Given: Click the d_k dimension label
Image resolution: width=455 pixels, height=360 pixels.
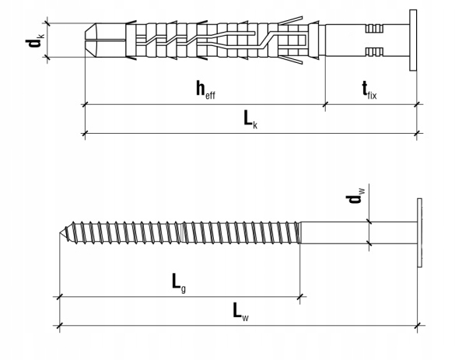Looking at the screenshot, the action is (x=35, y=40).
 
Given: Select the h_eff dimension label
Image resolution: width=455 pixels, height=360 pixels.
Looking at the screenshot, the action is (x=206, y=89).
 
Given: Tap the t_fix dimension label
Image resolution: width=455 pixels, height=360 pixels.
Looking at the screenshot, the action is (x=369, y=90).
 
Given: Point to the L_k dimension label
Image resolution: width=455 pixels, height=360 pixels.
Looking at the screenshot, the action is (x=250, y=120).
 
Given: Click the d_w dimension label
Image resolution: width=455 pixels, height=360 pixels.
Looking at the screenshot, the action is (x=355, y=196).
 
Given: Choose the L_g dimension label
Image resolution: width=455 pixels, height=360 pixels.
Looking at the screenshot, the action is (x=179, y=283).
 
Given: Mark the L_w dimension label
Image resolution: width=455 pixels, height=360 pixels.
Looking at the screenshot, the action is (x=241, y=312).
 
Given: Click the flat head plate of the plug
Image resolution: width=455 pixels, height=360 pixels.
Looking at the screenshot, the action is (x=413, y=40).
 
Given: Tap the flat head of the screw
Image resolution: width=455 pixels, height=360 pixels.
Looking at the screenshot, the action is (x=419, y=232).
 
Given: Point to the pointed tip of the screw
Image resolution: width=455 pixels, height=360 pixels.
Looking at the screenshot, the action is (x=60, y=232).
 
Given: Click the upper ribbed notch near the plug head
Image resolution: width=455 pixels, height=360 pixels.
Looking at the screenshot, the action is (x=374, y=29).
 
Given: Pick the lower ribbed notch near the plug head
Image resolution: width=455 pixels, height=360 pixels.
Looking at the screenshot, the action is (x=374, y=52).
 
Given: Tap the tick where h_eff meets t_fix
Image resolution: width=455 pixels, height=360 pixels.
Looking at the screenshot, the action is (x=325, y=104).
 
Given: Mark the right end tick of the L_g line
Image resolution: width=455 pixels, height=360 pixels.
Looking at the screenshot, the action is (x=299, y=297).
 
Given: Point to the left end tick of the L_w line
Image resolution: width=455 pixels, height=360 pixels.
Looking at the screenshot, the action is (x=59, y=326).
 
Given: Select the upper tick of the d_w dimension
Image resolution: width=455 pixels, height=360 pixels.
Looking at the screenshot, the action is (x=369, y=222).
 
